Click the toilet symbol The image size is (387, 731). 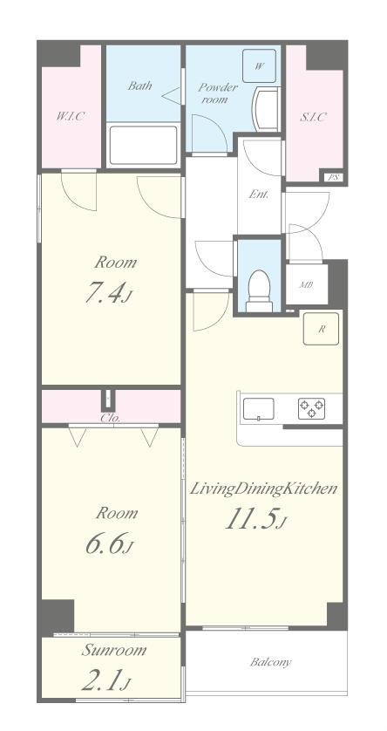click(260, 291)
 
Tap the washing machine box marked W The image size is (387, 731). click(260, 65)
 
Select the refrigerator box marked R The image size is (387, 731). click(322, 329)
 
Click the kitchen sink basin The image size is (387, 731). click(259, 410)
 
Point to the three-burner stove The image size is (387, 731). click(311, 408)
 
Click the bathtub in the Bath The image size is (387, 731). click(143, 145)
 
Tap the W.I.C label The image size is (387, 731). click(71, 116)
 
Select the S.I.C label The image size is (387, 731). click(312, 117)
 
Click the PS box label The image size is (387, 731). click(333, 177)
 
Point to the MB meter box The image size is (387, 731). click(307, 284)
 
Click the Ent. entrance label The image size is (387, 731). click(258, 195)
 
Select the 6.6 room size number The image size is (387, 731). click(109, 544)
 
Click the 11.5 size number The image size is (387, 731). click(255, 520)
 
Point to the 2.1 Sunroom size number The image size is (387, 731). click(105, 682)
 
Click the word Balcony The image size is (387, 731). click(270, 662)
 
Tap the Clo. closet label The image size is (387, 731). click(111, 418)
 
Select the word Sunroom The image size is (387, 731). click(113, 651)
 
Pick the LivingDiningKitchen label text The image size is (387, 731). click(262, 489)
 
